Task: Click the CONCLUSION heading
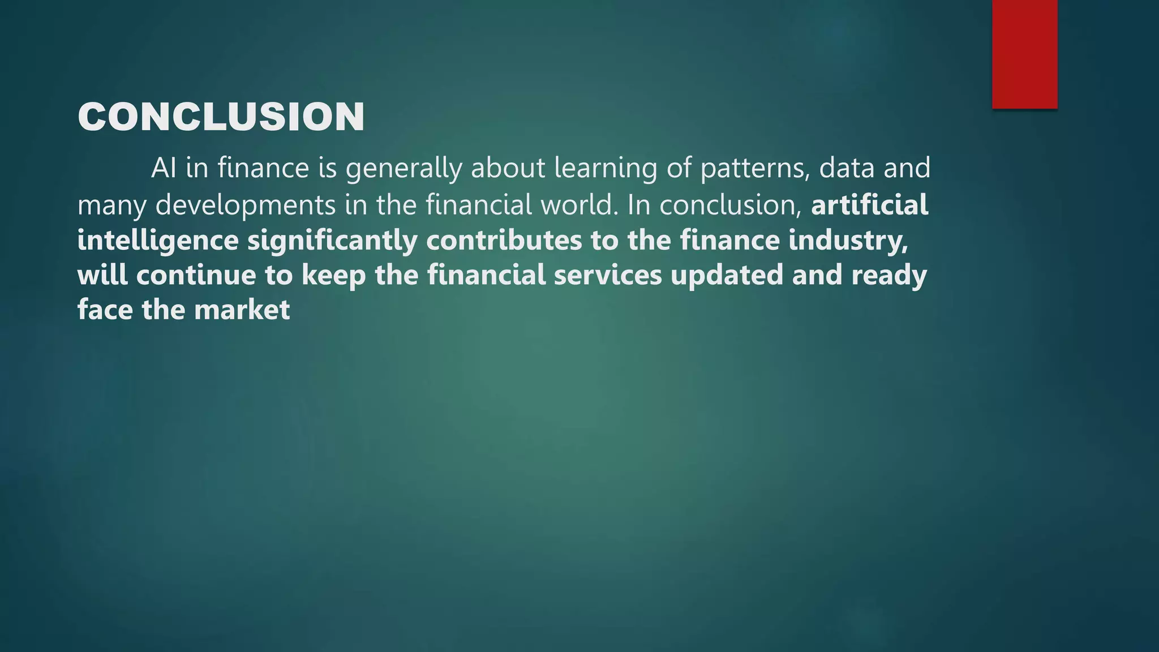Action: (x=221, y=117)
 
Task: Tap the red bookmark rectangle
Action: (x=1024, y=54)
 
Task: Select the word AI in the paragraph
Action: (x=164, y=168)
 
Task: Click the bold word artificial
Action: (x=869, y=204)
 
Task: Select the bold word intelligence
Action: (x=158, y=241)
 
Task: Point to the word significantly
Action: (x=332, y=241)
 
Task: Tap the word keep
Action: (x=333, y=276)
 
